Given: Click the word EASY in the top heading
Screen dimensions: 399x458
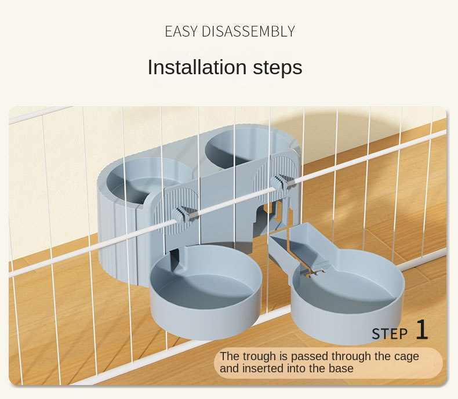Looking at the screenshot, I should (181, 31).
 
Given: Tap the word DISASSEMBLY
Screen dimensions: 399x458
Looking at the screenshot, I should (248, 31).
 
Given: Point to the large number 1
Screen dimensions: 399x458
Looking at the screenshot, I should (421, 330).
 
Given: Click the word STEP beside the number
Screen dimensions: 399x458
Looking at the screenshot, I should (390, 333).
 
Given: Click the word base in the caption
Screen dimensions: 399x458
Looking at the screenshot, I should (340, 368).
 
